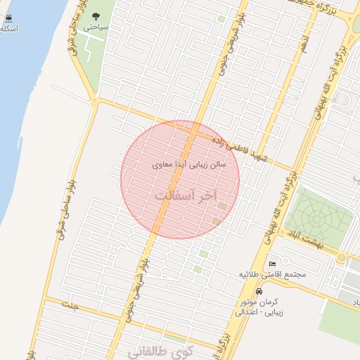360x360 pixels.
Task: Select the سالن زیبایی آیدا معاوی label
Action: coord(189,165)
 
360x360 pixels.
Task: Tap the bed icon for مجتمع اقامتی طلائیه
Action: coord(273,264)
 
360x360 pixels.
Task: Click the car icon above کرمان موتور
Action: coord(259,291)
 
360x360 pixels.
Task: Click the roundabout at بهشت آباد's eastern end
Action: coord(342,258)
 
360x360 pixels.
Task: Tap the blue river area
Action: coord(21,105)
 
